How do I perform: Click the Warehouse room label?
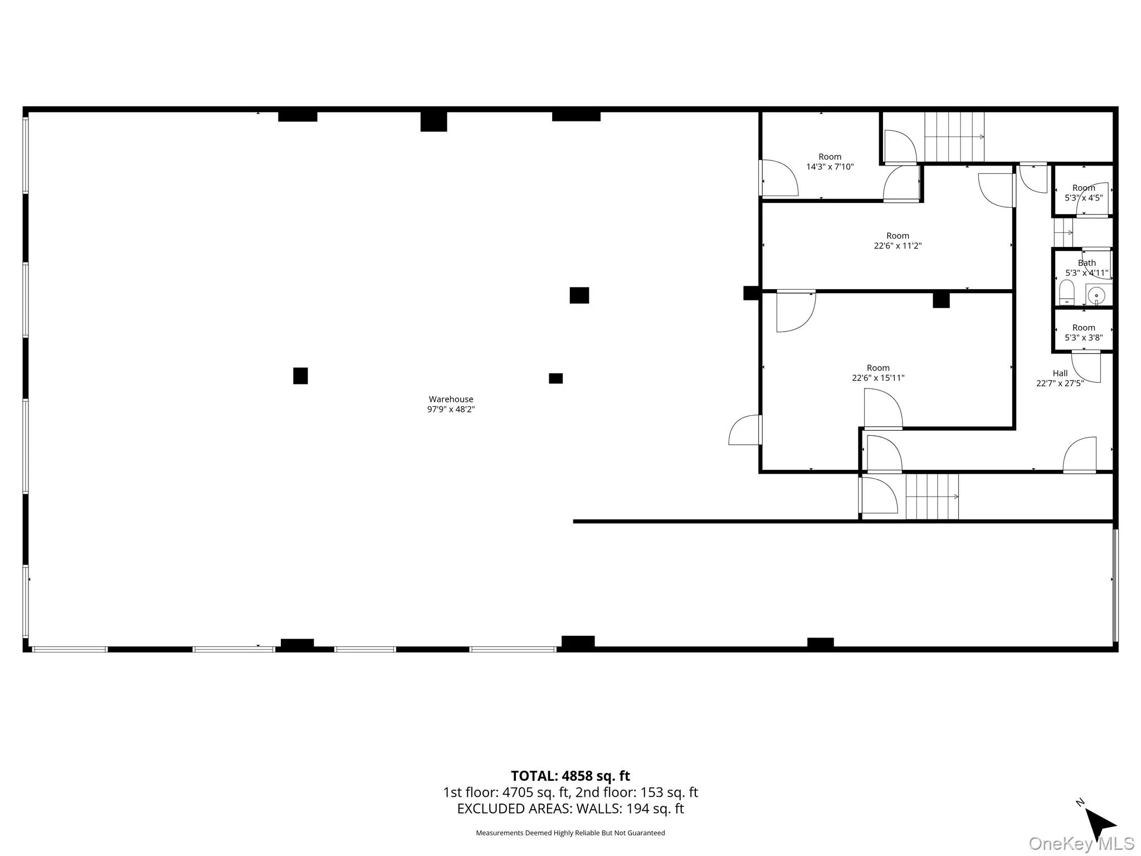pyautogui.click(x=451, y=399)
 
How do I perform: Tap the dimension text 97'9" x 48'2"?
pyautogui.click(x=451, y=409)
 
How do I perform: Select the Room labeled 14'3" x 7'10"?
pyautogui.click(x=830, y=162)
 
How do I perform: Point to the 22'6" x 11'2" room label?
pyautogui.click(x=898, y=241)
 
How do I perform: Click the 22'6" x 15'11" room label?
pyautogui.click(x=878, y=373)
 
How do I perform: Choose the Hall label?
pyautogui.click(x=1060, y=373)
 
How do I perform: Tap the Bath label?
pyautogui.click(x=1086, y=263)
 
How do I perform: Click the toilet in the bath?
pyautogui.click(x=1066, y=293)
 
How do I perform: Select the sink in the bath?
pyautogui.click(x=1096, y=295)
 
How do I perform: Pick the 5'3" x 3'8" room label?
pyautogui.click(x=1084, y=333)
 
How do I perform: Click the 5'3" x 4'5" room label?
pyautogui.click(x=1084, y=193)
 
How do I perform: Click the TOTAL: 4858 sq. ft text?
pyautogui.click(x=570, y=776)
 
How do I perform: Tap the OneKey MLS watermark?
pyautogui.click(x=1081, y=844)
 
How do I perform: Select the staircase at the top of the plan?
pyautogui.click(x=954, y=137)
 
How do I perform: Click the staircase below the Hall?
pyautogui.click(x=932, y=497)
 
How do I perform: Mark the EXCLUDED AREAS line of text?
pyautogui.click(x=570, y=809)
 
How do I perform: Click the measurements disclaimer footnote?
pyautogui.click(x=570, y=833)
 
